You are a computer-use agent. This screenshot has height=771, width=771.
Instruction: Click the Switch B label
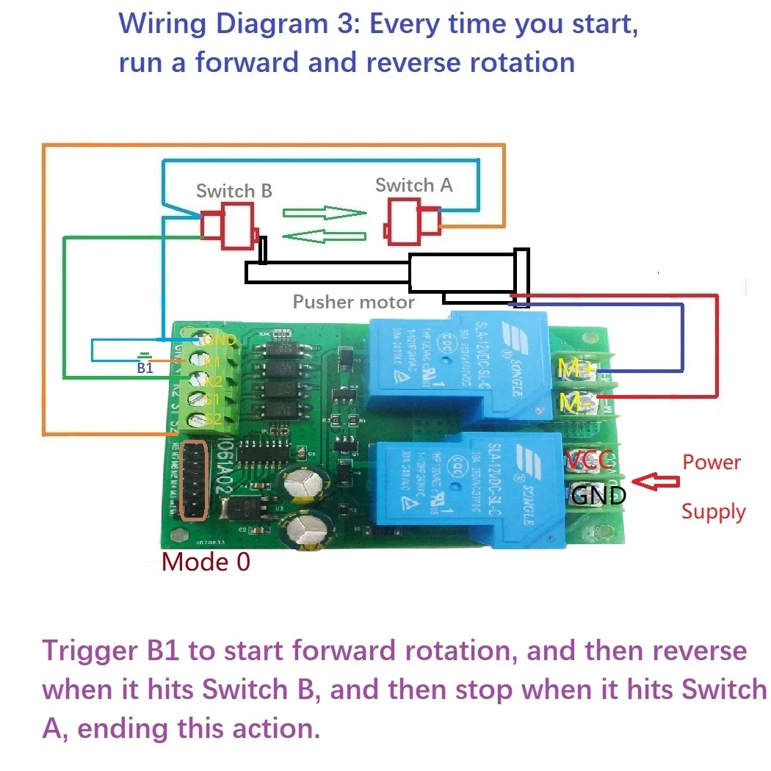tap(234, 191)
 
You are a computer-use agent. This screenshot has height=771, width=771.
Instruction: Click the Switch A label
tap(413, 185)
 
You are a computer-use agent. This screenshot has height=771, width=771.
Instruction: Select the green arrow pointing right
tap(324, 213)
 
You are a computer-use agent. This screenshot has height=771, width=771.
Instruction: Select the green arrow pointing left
tap(324, 236)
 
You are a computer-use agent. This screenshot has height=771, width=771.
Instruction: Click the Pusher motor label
tap(353, 302)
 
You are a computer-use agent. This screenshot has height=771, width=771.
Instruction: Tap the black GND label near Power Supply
tap(598, 496)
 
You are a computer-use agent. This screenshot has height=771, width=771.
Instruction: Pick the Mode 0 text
tap(206, 562)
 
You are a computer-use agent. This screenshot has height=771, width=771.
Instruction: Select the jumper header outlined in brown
tap(192, 480)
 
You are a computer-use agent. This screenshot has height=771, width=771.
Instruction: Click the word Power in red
tap(711, 462)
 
